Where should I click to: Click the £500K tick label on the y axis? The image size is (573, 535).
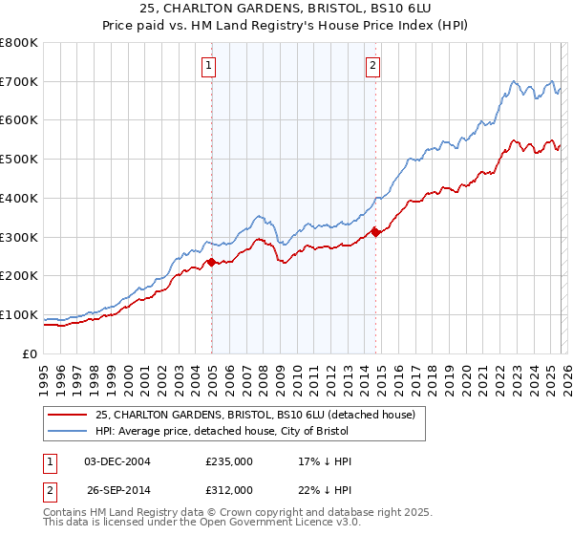click(19, 160)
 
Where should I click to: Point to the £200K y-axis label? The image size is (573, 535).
click(19, 276)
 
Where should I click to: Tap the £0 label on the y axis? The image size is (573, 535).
click(31, 353)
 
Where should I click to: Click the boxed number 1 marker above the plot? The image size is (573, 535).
click(208, 66)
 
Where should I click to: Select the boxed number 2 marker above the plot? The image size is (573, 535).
click(372, 66)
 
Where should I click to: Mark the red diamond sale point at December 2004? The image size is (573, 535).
click(211, 262)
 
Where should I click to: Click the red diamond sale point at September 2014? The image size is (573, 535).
click(375, 232)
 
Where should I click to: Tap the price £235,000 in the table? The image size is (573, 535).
click(229, 461)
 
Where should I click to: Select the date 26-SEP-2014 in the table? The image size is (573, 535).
click(117, 489)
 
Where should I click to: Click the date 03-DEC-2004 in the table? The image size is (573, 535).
click(117, 461)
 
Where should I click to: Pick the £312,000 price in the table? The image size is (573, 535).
click(229, 489)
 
